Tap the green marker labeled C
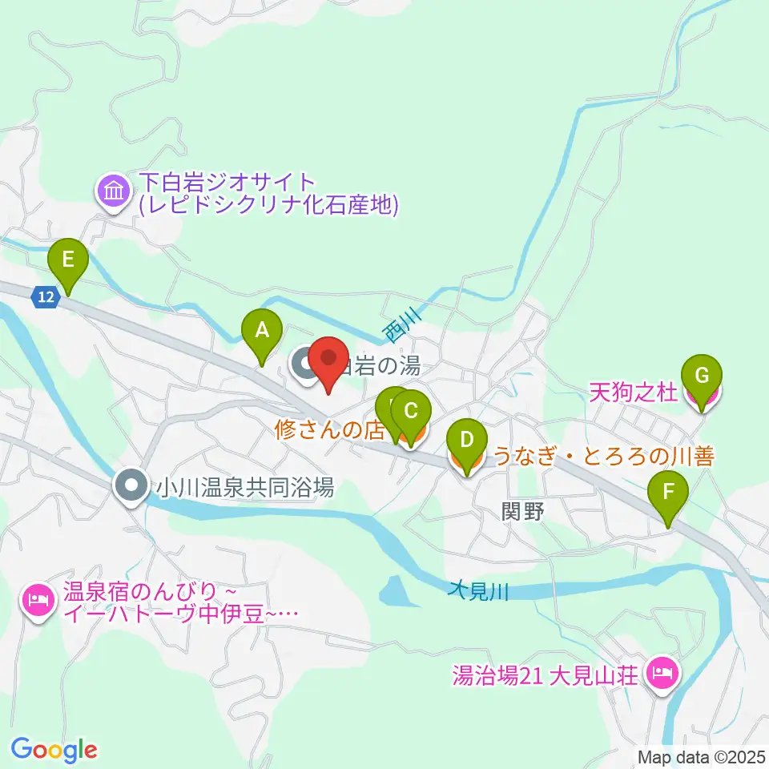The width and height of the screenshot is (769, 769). coord(410,413)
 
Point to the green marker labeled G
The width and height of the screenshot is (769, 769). coord(702,376)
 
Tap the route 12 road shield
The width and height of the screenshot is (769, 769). coord(46,297)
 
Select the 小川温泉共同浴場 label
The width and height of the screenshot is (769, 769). coord(244,486)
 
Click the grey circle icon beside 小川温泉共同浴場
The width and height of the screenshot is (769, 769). coord(131,485)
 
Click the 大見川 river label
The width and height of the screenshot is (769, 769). coord(479,591)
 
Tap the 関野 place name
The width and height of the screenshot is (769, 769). coord(522,510)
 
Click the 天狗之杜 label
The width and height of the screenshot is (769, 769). coord(633,392)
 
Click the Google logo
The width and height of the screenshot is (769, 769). coord(54,750)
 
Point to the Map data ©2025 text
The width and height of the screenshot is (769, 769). coord(701,756)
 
